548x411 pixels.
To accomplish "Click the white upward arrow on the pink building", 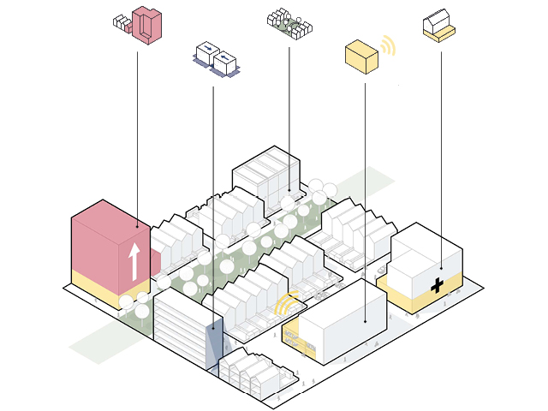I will click(133, 260).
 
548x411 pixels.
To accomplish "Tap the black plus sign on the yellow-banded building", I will click(438, 285).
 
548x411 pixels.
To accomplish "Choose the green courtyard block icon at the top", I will click(289, 26).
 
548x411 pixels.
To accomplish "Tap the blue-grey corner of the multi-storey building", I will click(214, 342).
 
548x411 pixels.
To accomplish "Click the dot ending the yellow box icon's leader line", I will click(366, 322).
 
